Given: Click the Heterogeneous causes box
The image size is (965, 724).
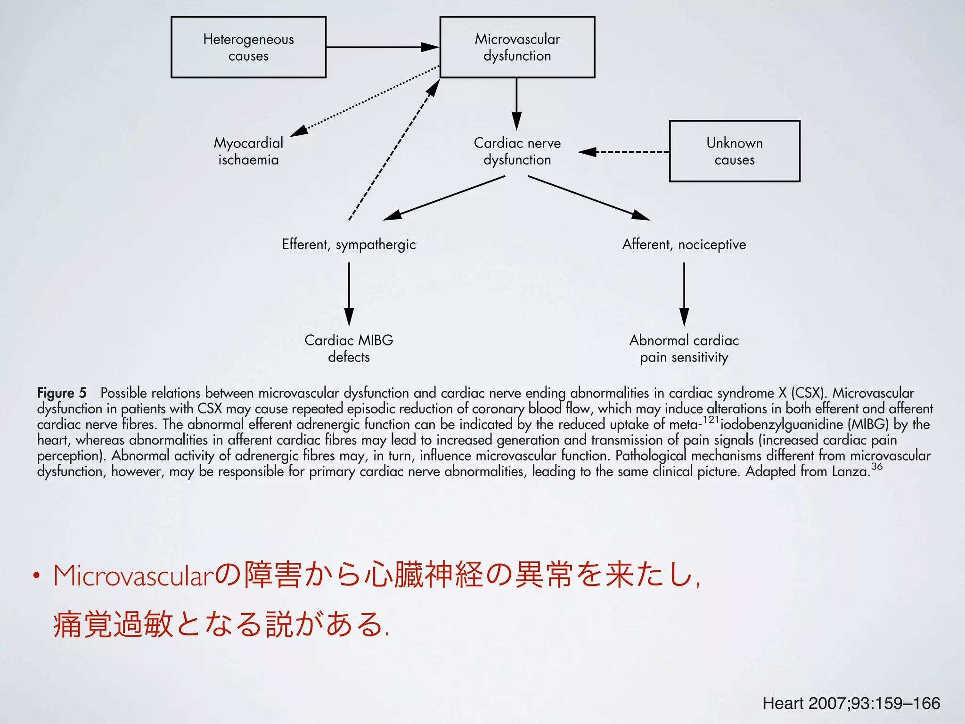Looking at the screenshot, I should (x=248, y=47).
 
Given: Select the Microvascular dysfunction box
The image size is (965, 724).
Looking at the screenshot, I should (x=517, y=47).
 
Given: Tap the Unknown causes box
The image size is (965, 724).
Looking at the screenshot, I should (x=734, y=151).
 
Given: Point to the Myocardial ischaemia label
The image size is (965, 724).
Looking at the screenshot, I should (x=248, y=151).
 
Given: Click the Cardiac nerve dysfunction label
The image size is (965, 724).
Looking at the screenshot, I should (x=517, y=151).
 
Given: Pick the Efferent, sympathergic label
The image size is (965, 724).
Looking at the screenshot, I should (x=349, y=245).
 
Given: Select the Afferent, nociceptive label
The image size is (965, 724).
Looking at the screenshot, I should (x=684, y=245).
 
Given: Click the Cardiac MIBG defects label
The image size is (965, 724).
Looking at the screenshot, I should (x=349, y=348).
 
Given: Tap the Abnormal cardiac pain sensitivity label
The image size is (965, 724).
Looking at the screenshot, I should (x=684, y=348).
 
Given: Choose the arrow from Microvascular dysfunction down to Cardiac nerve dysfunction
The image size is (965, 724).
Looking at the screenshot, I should (x=516, y=104).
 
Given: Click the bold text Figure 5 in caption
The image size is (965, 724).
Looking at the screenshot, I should (x=62, y=393).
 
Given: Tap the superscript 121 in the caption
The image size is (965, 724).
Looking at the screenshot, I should (x=711, y=419).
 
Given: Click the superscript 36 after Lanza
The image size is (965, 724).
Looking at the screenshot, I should (x=876, y=466).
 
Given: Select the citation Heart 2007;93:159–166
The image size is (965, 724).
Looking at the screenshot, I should (x=851, y=703).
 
